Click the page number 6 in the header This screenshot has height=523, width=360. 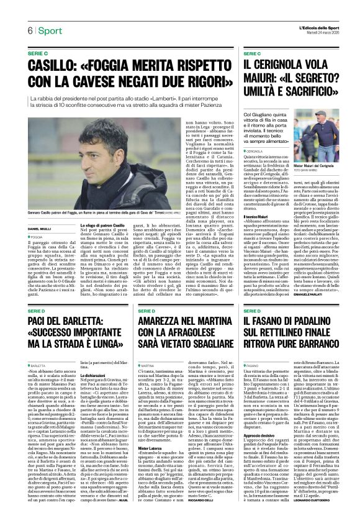click(29, 30)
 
